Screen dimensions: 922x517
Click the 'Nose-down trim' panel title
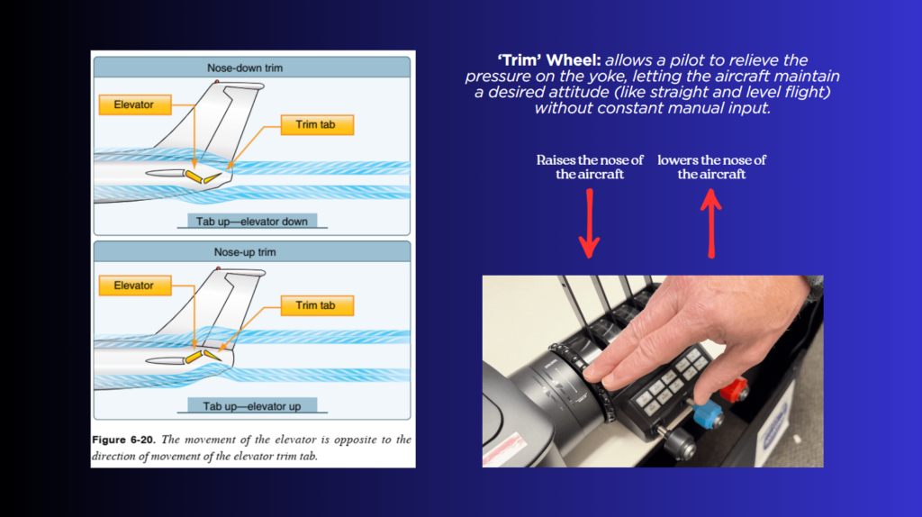coord(245,68)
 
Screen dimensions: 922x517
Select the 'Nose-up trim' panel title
coord(245,252)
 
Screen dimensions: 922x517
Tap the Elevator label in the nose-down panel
coord(135,104)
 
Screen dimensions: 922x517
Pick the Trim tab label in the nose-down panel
coord(317,124)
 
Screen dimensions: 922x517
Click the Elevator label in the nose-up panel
coord(135,286)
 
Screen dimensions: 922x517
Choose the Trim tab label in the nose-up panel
coord(317,305)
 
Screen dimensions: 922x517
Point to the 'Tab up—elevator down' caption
coord(252,222)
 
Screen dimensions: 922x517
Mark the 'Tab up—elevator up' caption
coord(252,406)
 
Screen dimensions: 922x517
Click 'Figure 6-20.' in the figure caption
coord(123,440)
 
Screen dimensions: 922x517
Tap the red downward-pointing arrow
coord(589,223)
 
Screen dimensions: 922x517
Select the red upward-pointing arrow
coord(711,223)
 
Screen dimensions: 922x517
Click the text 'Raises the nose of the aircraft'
coord(590,167)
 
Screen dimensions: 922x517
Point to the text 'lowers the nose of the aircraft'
coord(711,167)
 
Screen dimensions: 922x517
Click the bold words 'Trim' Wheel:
coord(549,60)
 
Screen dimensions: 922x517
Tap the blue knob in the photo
coord(708,414)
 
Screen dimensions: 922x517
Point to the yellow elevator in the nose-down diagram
coord(194,176)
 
